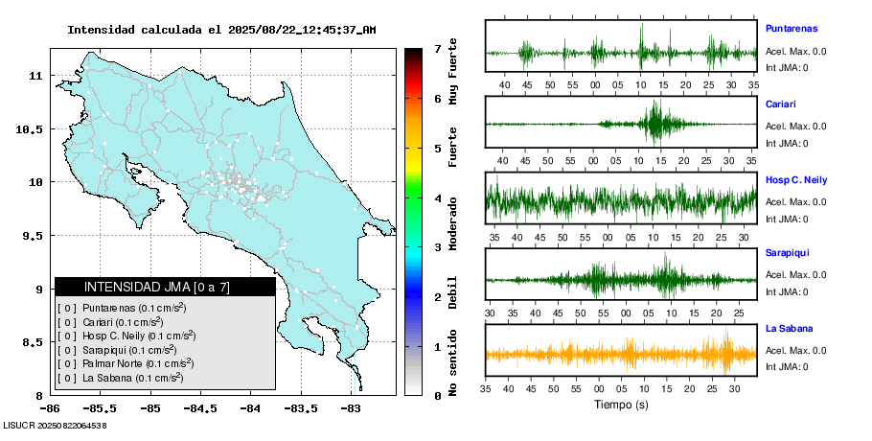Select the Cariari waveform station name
781,104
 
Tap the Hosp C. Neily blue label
796,179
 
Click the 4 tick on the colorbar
437,198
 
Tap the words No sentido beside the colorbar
452,360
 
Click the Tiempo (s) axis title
621,405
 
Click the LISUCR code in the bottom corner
55,425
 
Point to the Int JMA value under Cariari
787,143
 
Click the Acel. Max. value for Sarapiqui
795,275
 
